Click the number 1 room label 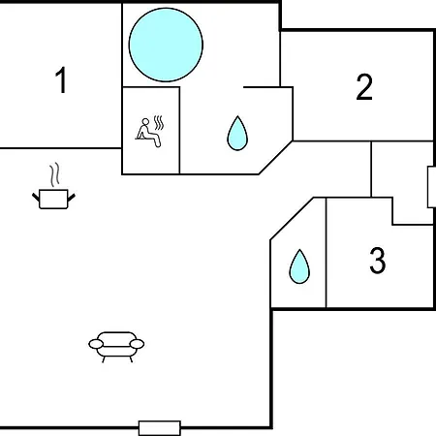[x=61, y=80]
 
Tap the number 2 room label [x=364, y=87]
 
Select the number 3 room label [x=378, y=261]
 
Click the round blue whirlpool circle [x=166, y=45]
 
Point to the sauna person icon [x=148, y=133]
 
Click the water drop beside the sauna [x=237, y=133]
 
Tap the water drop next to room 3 [x=299, y=266]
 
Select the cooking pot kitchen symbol [x=53, y=200]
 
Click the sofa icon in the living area [x=116, y=347]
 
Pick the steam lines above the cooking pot [x=54, y=174]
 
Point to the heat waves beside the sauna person [x=159, y=123]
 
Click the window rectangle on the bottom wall [x=160, y=428]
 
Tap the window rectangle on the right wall [x=432, y=187]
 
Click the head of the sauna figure [x=145, y=121]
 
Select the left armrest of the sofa [x=96, y=344]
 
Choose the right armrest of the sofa [x=137, y=344]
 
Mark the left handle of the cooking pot [x=36, y=197]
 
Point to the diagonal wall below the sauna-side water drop [x=275, y=158]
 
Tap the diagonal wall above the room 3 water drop [x=292, y=219]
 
